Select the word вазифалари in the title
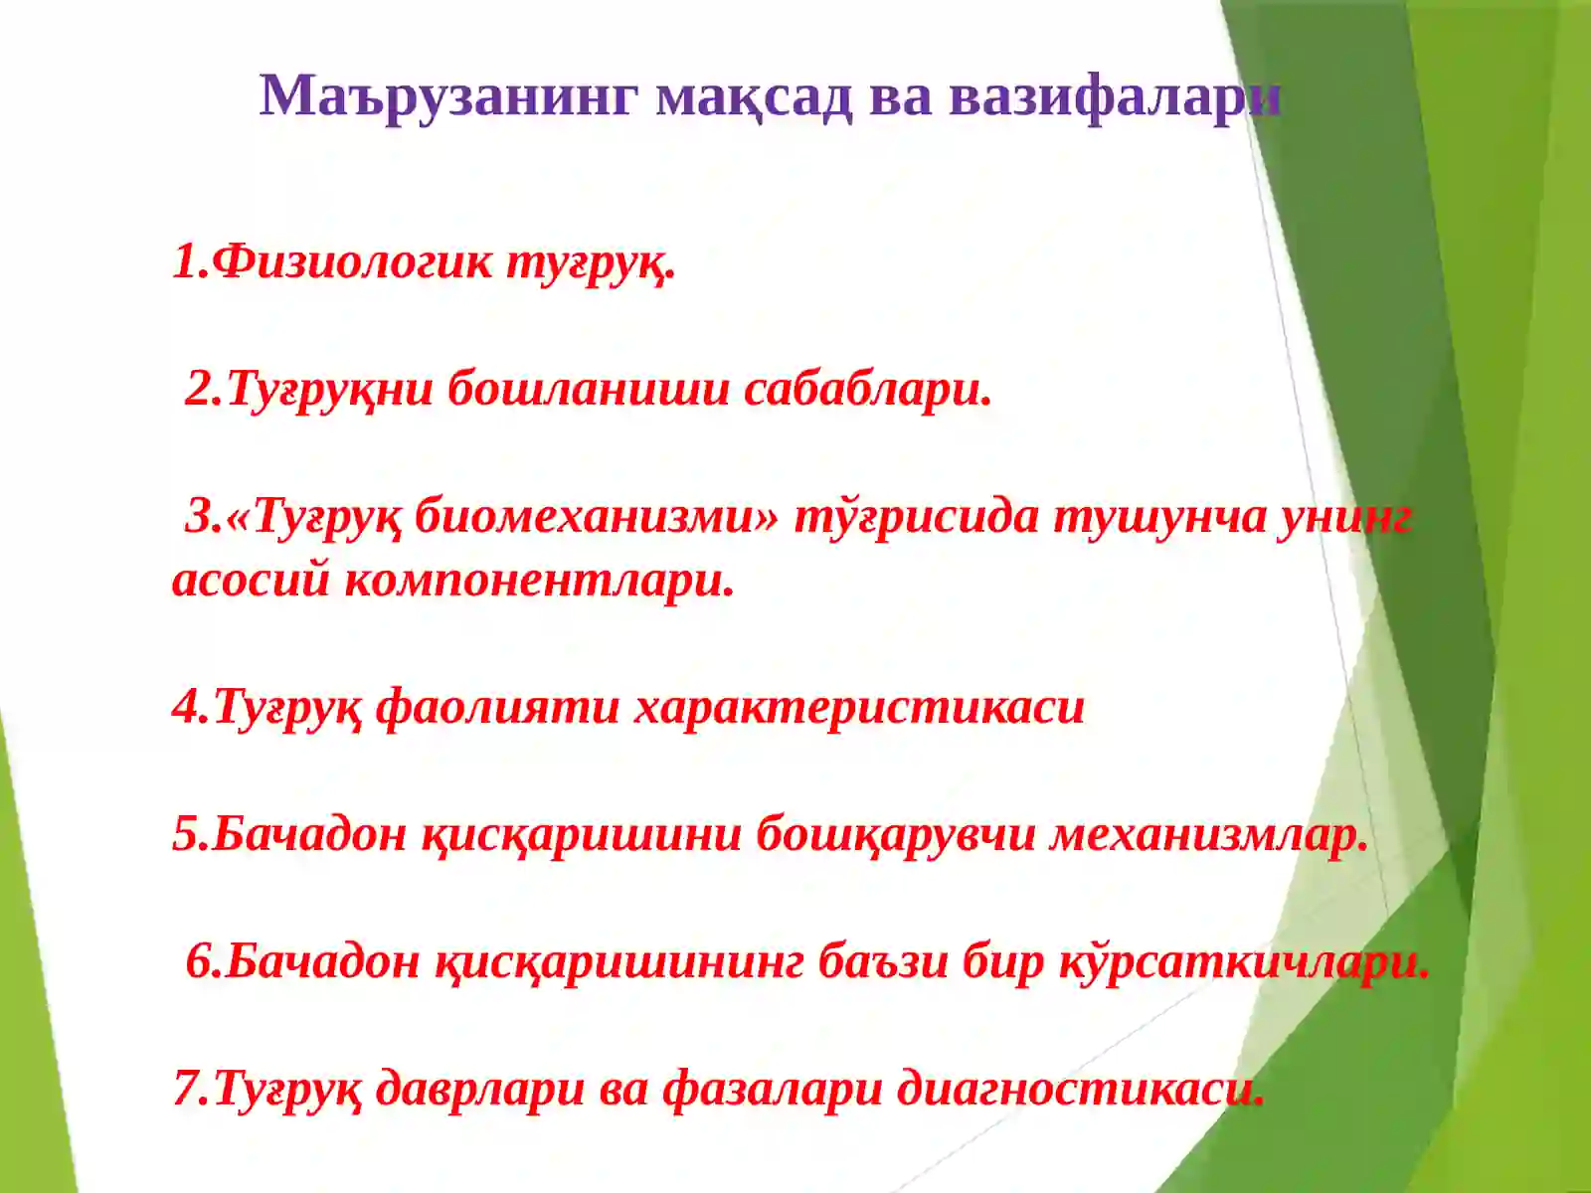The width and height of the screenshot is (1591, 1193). point(1114,96)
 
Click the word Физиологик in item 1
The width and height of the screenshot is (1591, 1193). point(353,261)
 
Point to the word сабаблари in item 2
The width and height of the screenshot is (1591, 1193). point(867,389)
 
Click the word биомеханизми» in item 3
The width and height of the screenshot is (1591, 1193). point(597,516)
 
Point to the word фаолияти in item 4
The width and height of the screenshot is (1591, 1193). point(497,707)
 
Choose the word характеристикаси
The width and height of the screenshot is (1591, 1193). point(859,707)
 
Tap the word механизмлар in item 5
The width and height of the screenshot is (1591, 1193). point(1208,834)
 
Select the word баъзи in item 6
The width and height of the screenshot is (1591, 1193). point(882,961)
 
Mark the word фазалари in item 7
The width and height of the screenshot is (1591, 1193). point(773,1089)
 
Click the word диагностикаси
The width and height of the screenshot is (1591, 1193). point(1080,1089)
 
